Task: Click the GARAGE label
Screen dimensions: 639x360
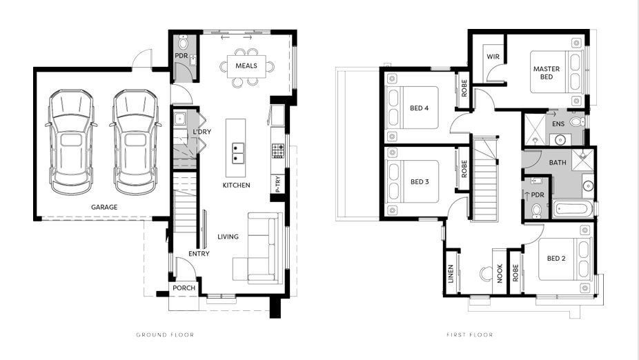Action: click(x=104, y=207)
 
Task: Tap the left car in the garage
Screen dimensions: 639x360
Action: click(x=71, y=142)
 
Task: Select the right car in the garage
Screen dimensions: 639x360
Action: click(x=135, y=142)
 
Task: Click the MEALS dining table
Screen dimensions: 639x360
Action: click(x=246, y=66)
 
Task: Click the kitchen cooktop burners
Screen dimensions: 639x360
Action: click(x=278, y=150)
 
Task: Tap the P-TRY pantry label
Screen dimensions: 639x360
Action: click(x=277, y=184)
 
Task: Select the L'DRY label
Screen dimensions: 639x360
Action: click(x=201, y=132)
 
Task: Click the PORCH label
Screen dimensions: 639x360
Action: click(x=184, y=288)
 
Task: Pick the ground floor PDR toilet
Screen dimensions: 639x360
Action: click(x=183, y=41)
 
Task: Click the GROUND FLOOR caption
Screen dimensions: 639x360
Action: click(x=165, y=334)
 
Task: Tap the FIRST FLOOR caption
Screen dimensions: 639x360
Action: click(x=469, y=334)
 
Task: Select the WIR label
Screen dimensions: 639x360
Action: click(x=493, y=57)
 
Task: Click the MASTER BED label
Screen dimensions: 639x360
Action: click(x=547, y=73)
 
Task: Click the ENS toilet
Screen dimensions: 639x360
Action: click(x=578, y=121)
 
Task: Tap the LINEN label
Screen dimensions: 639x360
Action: click(x=451, y=274)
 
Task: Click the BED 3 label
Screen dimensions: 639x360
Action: click(x=420, y=181)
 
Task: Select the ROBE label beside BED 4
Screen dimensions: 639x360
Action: click(x=464, y=88)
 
